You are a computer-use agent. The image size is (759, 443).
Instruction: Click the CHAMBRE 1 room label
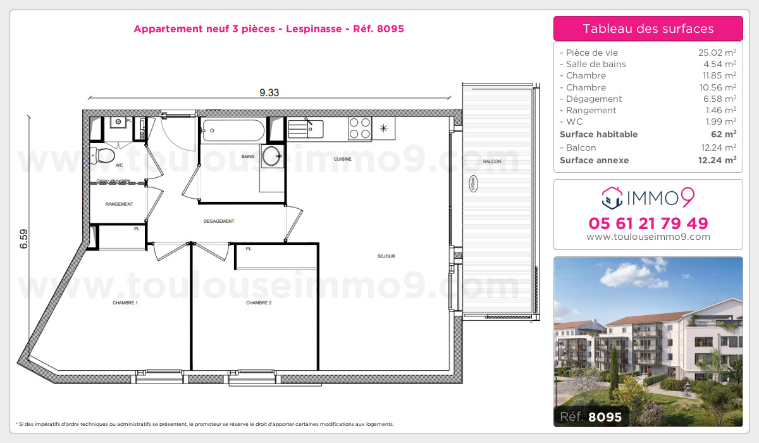click(x=125, y=303)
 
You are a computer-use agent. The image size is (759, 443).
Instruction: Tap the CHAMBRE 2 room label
click(x=259, y=303)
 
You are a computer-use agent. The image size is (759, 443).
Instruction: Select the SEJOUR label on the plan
click(x=386, y=256)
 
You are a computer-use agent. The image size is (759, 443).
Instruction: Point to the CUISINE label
click(x=343, y=159)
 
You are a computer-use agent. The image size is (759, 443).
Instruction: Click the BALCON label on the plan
click(x=491, y=162)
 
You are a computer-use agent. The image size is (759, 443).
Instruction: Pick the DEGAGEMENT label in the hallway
click(x=219, y=221)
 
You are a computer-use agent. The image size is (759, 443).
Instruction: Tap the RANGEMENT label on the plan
click(x=119, y=204)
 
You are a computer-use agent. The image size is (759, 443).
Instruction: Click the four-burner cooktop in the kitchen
click(x=359, y=129)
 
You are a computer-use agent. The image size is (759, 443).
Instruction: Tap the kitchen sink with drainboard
click(x=305, y=129)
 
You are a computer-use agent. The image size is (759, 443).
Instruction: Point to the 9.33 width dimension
click(x=269, y=92)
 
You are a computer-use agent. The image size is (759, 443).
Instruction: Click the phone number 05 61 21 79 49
click(x=648, y=223)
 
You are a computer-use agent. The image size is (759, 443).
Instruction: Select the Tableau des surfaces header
click(x=648, y=28)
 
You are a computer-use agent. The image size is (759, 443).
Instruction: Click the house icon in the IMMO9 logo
click(x=612, y=198)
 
